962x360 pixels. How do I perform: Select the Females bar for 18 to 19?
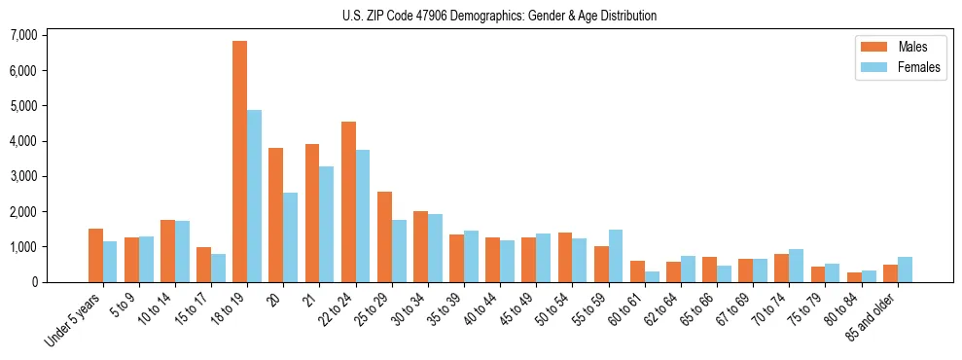tap(254, 196)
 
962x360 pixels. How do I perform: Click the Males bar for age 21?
tap(312, 213)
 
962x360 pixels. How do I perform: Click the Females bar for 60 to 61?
tap(652, 276)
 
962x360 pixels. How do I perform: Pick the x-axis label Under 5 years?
tap(74, 322)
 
